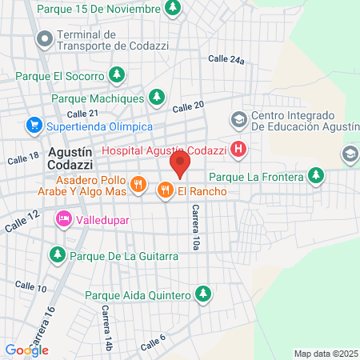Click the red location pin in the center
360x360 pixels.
pos(180,166)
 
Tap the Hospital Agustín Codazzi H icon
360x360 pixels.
pos(238,149)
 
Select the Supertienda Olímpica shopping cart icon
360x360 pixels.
pos(34,126)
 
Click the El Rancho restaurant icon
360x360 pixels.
pos(166,190)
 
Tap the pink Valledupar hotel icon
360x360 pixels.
pos(62,218)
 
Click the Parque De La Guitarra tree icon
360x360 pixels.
pos(58,255)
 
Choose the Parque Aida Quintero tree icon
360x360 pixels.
pos(203,294)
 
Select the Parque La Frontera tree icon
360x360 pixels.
pos(318,175)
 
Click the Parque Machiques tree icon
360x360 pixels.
pos(158,98)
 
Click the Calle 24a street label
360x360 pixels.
pos(226,59)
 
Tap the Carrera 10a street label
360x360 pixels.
pos(194,228)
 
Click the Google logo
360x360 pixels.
pos(26,350)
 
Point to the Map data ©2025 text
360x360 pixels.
pos(326,354)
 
